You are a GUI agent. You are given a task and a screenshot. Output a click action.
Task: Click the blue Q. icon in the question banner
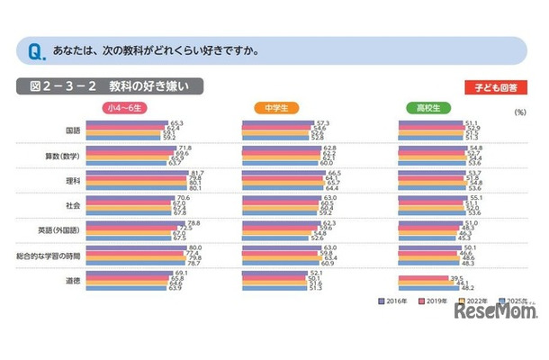coord(33,50)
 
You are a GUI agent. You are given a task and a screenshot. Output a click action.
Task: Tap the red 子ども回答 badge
coord(495,88)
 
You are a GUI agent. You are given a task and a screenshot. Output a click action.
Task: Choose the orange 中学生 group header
coord(280,109)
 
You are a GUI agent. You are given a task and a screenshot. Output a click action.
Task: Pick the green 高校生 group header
coord(435,109)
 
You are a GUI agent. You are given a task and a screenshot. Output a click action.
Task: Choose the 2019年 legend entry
coord(427,301)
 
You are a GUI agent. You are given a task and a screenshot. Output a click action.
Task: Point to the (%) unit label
coord(520,113)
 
